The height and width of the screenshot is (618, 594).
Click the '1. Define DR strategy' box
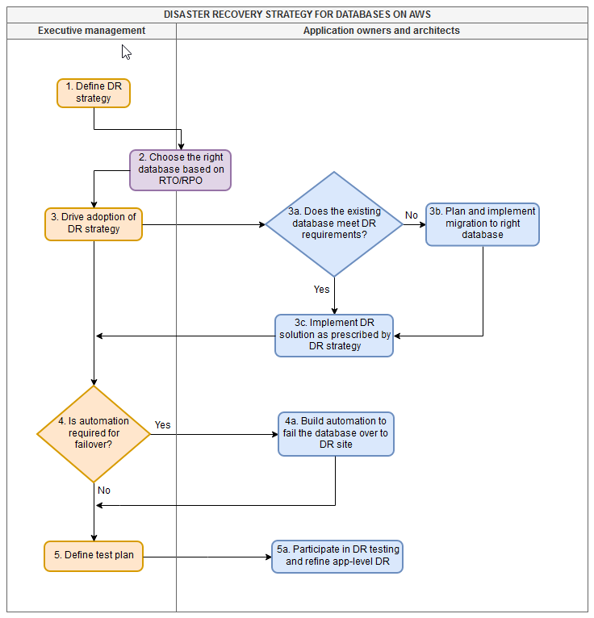pyautogui.click(x=94, y=93)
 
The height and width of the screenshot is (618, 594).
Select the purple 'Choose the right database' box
pyautogui.click(x=181, y=170)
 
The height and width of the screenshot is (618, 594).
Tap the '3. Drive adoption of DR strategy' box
pyautogui.click(x=94, y=223)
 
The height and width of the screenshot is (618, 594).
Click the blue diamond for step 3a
pyautogui.click(x=334, y=224)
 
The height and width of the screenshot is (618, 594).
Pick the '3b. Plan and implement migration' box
pyautogui.click(x=482, y=224)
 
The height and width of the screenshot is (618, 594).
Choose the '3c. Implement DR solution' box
pyautogui.click(x=334, y=336)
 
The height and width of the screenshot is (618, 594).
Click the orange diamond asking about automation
pyautogui.click(x=94, y=433)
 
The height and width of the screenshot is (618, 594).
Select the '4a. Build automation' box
pyautogui.click(x=336, y=434)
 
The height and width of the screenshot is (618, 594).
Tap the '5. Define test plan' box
pyautogui.click(x=94, y=556)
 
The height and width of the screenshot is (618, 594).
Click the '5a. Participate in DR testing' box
pyautogui.click(x=337, y=557)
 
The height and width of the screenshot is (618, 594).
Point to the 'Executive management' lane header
pyautogui.click(x=92, y=31)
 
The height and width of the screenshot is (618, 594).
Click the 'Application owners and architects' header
pyautogui.click(x=381, y=31)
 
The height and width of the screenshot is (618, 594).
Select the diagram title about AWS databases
pyautogui.click(x=297, y=15)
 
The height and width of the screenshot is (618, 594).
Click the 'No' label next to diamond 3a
pyautogui.click(x=412, y=215)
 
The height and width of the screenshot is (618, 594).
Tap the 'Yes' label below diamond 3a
pyautogui.click(x=321, y=289)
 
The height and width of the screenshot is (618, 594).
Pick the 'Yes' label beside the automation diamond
pyautogui.click(x=162, y=424)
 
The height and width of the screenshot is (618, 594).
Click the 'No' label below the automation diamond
pyautogui.click(x=104, y=490)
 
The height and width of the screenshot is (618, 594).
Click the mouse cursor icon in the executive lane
pyautogui.click(x=126, y=52)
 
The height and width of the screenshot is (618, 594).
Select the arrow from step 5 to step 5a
pyautogui.click(x=207, y=556)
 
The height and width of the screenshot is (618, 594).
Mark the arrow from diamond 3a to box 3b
pyautogui.click(x=414, y=224)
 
